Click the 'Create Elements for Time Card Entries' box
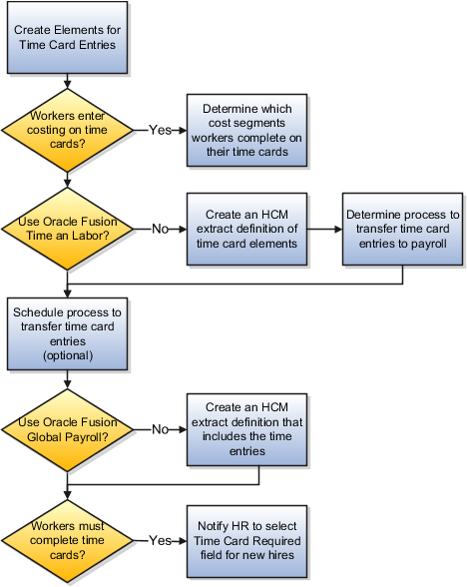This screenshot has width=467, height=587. (67, 38)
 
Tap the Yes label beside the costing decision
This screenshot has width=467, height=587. (159, 130)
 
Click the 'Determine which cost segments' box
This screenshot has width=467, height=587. (244, 130)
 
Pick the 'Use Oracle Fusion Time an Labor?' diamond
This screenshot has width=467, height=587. (67, 229)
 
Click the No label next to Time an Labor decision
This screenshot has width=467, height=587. (159, 229)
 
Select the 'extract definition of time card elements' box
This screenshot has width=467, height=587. (244, 229)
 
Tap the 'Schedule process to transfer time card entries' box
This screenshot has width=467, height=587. (67, 333)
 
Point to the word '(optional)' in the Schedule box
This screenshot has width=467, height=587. (67, 355)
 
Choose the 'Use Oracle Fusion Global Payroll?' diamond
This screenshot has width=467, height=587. (67, 430)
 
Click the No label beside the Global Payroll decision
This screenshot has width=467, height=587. (159, 430)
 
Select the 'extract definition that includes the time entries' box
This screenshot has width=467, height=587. (244, 430)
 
